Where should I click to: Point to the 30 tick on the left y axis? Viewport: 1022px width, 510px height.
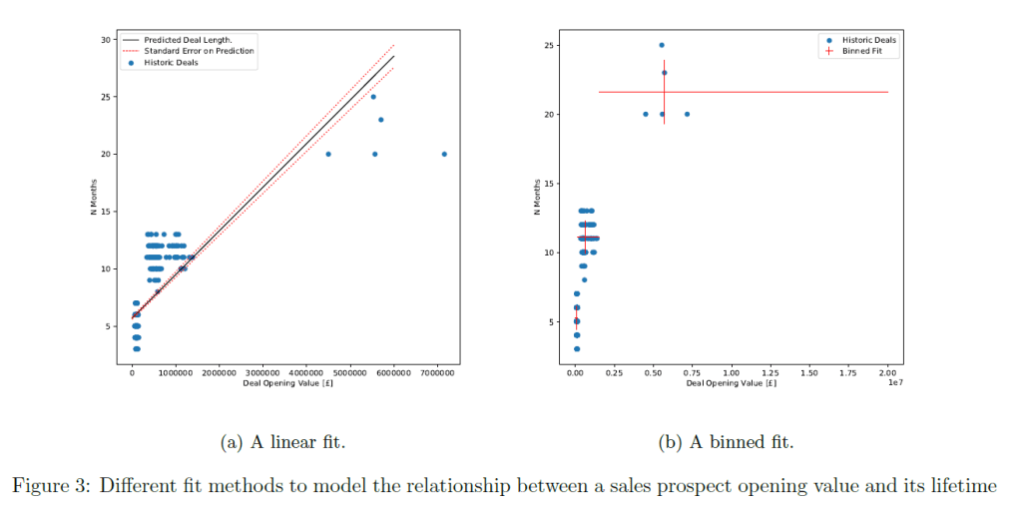(106, 39)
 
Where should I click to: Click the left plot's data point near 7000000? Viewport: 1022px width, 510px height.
(444, 154)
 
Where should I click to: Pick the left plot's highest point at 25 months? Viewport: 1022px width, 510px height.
(373, 97)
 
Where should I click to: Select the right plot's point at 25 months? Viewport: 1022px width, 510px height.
(661, 45)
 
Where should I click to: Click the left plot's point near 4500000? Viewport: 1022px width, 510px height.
(328, 154)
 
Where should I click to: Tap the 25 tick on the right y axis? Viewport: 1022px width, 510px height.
(549, 46)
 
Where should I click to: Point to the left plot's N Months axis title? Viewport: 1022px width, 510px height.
(92, 198)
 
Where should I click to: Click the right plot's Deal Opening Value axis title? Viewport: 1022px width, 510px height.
(732, 383)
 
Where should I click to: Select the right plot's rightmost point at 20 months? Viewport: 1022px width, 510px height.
(687, 114)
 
